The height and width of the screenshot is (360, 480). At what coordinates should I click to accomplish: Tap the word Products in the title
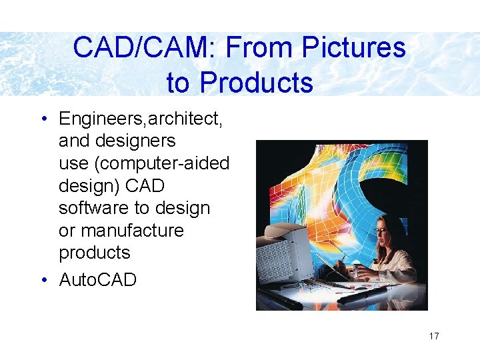tap(256, 83)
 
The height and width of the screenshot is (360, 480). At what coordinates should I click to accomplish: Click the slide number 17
tap(434, 336)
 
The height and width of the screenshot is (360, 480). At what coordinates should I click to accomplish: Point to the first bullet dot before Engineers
tap(43, 119)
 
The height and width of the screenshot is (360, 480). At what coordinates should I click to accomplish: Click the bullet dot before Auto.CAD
tap(43, 280)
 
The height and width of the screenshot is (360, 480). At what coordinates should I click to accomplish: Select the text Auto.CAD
tap(97, 280)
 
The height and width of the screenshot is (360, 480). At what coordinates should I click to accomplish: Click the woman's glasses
tap(381, 231)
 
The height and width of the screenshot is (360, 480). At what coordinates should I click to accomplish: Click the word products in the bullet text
tap(94, 253)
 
